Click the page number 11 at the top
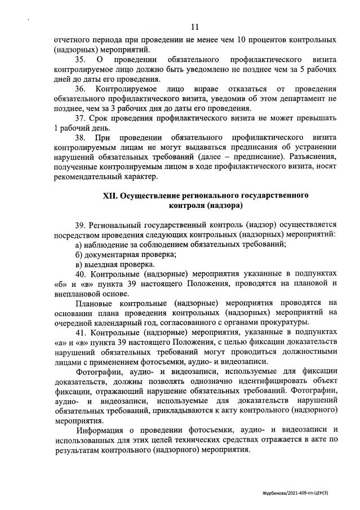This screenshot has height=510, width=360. click(x=195, y=26)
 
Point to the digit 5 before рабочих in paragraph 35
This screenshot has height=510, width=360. click(x=309, y=69)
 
